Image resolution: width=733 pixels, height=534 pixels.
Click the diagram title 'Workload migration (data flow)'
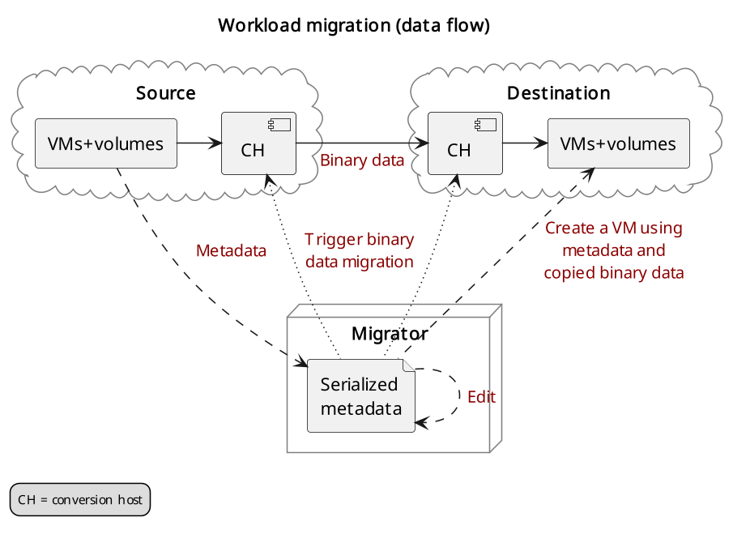354,25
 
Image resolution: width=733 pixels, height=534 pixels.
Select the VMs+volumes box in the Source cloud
106,143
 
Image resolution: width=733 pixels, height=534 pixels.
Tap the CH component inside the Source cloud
258,143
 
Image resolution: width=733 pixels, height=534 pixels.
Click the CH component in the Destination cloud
465,143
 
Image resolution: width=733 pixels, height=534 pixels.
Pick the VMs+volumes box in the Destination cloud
619,143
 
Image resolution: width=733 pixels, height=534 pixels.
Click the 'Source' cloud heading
166,93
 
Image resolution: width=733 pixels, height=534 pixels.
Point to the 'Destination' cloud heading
559,93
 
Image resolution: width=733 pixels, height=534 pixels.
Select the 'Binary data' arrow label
362,160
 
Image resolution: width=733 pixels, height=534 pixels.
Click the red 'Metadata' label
231,250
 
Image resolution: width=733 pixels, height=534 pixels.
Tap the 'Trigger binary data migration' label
359,250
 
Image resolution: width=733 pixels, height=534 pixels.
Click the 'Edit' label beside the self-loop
481,396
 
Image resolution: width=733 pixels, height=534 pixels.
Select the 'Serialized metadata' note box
361,395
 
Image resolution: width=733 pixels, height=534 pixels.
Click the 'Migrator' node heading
390,333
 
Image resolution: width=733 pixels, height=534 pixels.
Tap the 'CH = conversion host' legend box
80,499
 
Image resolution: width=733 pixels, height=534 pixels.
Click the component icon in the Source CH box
279,124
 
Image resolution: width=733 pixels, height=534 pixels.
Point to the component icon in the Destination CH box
486,124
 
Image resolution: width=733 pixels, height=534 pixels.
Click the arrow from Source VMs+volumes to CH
199,143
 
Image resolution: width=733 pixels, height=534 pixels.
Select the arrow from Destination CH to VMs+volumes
526,143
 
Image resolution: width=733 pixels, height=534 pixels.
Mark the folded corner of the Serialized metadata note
408,365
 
